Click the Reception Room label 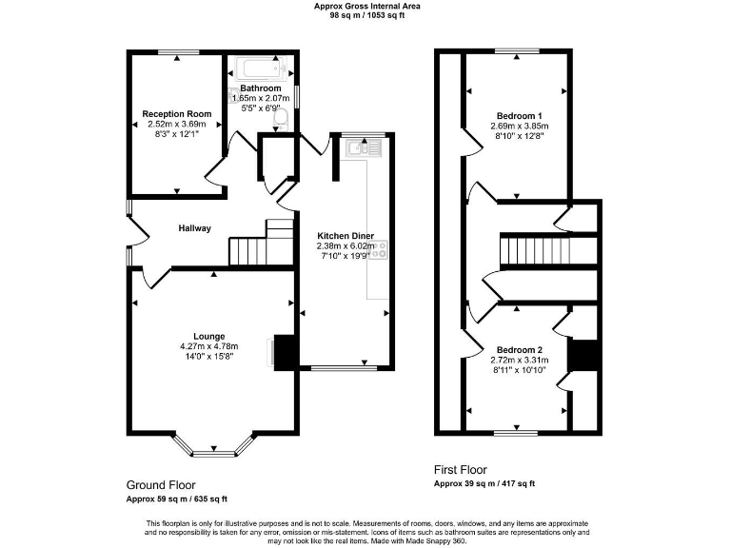point(177,114)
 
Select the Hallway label point(194,228)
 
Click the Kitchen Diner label point(346,235)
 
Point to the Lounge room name point(208,336)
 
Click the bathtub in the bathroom point(260,68)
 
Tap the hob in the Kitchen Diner point(380,251)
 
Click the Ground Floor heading point(160,484)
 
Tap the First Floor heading point(461,470)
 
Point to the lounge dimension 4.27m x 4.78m point(208,346)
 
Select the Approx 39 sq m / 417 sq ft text point(484,484)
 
